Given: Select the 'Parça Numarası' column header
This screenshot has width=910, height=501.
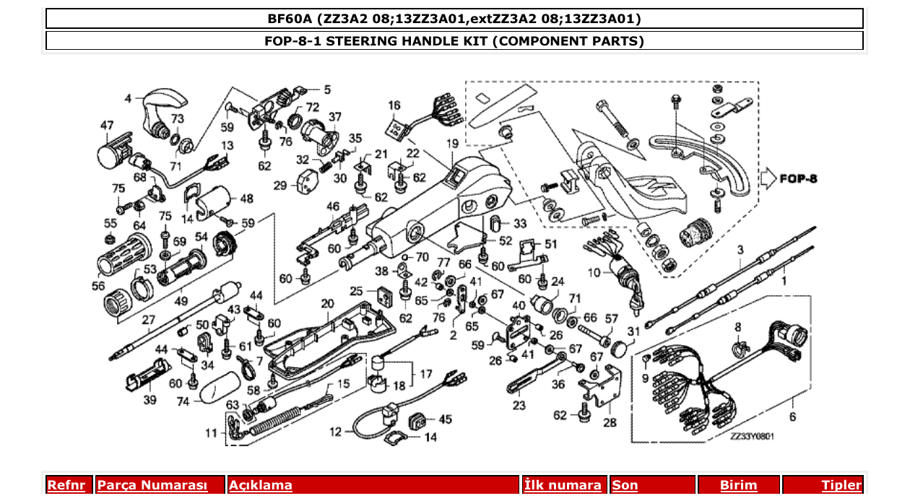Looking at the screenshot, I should [152, 485].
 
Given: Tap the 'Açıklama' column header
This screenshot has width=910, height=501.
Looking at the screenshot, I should [261, 485].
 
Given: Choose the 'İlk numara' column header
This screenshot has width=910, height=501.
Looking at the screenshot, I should [563, 485].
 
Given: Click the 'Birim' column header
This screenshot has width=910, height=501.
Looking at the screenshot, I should [738, 485].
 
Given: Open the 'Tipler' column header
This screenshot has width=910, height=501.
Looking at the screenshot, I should [841, 485].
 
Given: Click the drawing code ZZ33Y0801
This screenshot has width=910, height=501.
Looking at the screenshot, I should [751, 436].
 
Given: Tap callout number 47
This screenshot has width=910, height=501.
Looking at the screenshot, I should [106, 126].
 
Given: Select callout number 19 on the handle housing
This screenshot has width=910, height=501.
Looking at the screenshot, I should [452, 144].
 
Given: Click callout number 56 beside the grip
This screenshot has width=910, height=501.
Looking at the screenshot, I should [98, 285].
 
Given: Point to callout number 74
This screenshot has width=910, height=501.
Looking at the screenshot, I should [183, 401].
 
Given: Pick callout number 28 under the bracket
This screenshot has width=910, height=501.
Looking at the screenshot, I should [610, 422].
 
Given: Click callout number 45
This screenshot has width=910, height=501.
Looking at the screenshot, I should [445, 419].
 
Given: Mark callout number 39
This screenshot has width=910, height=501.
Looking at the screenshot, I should [149, 400].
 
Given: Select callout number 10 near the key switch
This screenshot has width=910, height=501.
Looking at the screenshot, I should [594, 272].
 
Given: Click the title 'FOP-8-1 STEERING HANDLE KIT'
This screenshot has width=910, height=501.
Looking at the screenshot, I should [454, 40].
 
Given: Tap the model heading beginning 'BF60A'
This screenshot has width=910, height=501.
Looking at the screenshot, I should [454, 18].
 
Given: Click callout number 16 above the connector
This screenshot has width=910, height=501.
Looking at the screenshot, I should [394, 106].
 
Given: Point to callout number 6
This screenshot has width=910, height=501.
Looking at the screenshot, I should [792, 417].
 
